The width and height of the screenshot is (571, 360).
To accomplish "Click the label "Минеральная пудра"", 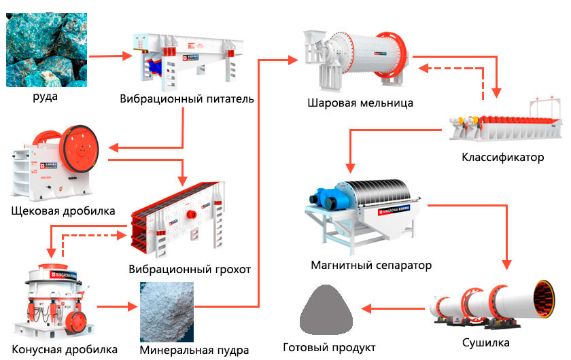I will (194, 350).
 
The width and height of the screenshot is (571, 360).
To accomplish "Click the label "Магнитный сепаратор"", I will (371, 265).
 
